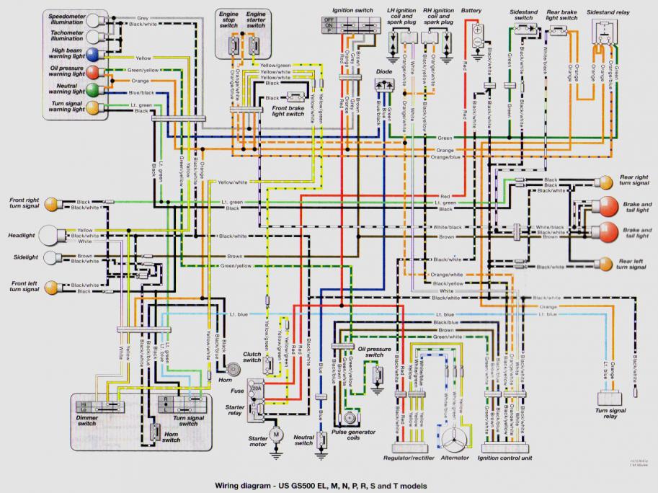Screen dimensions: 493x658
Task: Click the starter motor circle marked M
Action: click(x=275, y=435)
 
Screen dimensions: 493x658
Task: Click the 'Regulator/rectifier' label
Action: click(x=414, y=458)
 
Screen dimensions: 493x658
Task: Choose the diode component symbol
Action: click(x=384, y=85)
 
